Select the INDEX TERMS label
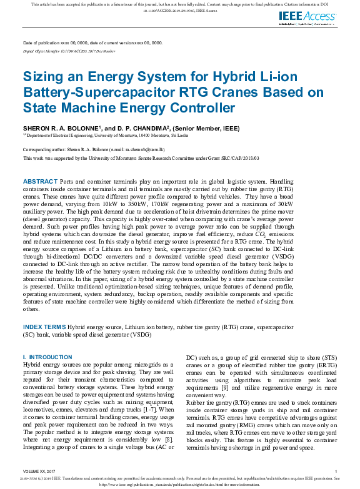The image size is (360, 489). (44, 327)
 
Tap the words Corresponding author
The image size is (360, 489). (41, 151)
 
